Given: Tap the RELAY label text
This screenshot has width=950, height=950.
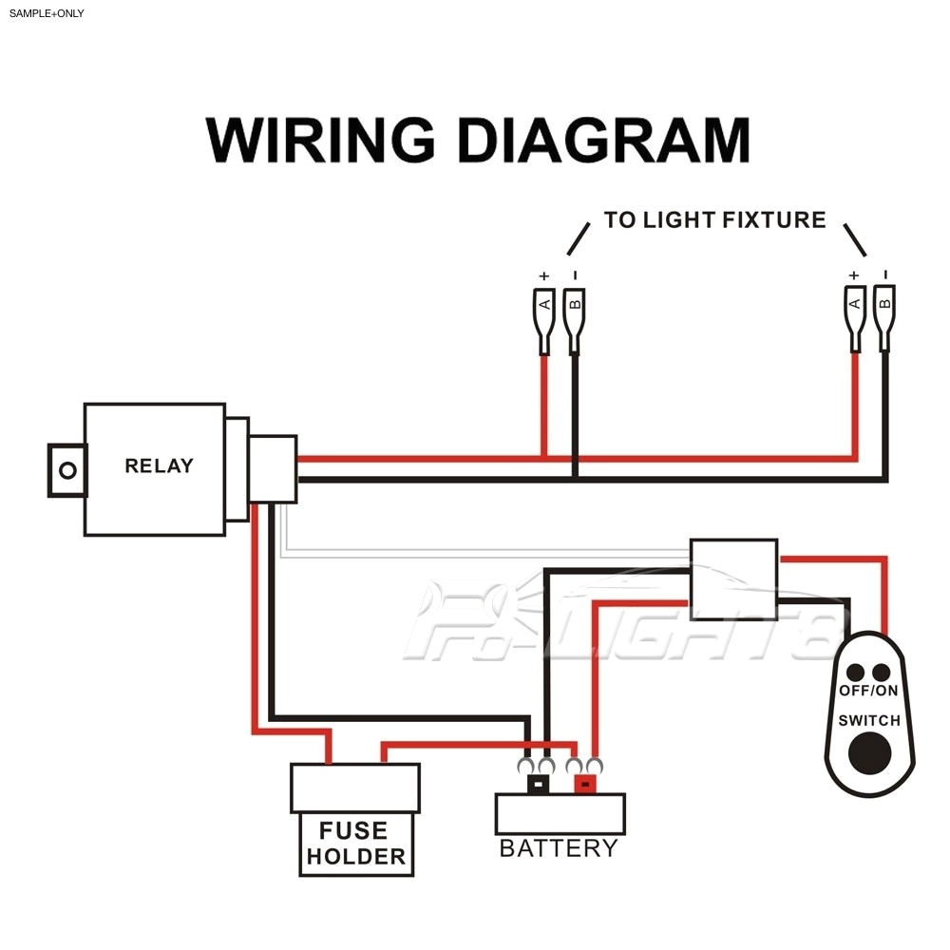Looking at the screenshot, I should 159,465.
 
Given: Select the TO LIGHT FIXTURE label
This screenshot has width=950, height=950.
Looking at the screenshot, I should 714,220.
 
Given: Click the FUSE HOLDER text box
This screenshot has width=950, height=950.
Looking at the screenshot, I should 355,845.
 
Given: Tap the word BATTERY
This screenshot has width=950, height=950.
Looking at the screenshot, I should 559,848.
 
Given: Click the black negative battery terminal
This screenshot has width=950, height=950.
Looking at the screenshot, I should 539,785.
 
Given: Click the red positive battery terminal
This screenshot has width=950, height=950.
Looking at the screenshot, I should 585,785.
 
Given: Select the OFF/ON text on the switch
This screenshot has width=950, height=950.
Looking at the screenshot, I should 868,691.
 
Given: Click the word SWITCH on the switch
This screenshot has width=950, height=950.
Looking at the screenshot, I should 868,720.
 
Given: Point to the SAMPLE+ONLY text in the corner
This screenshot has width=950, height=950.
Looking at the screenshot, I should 47,13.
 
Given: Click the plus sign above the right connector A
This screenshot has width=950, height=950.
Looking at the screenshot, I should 854,275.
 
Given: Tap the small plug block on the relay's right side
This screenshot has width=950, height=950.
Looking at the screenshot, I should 273,467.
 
